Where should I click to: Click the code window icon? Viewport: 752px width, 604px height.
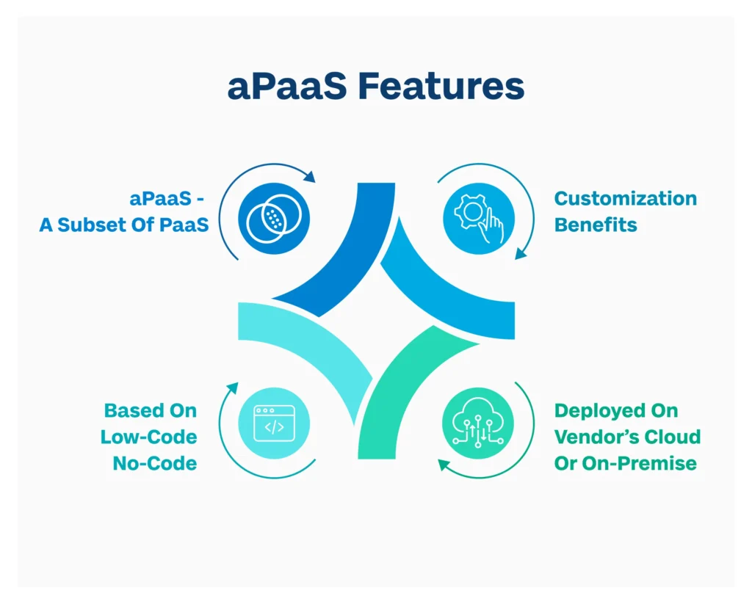point(274,423)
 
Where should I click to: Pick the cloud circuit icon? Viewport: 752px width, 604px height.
point(478,423)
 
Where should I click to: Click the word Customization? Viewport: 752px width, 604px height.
point(625,199)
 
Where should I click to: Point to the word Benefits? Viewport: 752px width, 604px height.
point(596,225)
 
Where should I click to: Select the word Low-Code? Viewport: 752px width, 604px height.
point(149,437)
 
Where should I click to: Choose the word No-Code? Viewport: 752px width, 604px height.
point(155,463)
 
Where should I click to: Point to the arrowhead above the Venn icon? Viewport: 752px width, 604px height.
point(310,178)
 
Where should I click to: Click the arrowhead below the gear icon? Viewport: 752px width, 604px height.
point(519,253)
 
